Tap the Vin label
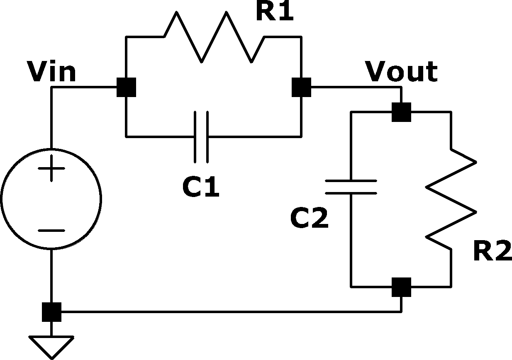(x=51, y=71)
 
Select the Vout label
(x=401, y=71)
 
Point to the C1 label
(x=201, y=187)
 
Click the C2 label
(x=309, y=218)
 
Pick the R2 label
(x=492, y=250)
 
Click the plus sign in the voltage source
(x=51, y=168)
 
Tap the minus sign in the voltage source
(x=51, y=231)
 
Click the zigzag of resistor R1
(x=214, y=36)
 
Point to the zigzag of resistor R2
(x=451, y=199)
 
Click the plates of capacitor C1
(x=201, y=137)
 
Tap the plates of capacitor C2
(x=351, y=187)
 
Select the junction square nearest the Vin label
(x=127, y=87)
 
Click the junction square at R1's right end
(x=302, y=87)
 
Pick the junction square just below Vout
(x=401, y=112)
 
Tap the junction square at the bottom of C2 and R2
(x=401, y=287)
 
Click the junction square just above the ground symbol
(x=52, y=312)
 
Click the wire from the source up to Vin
(x=51, y=117)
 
